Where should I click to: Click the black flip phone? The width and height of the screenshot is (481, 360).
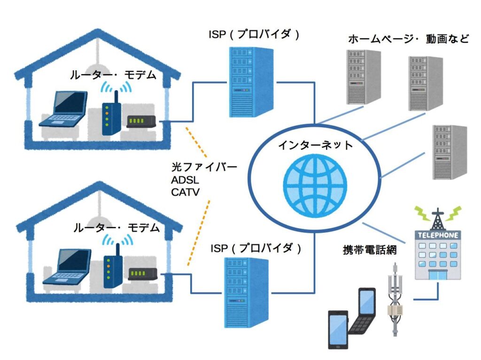[x=362, y=312]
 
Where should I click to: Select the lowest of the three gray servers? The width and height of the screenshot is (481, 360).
[x=449, y=153]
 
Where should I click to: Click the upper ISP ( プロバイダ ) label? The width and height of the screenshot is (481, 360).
[x=254, y=34]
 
